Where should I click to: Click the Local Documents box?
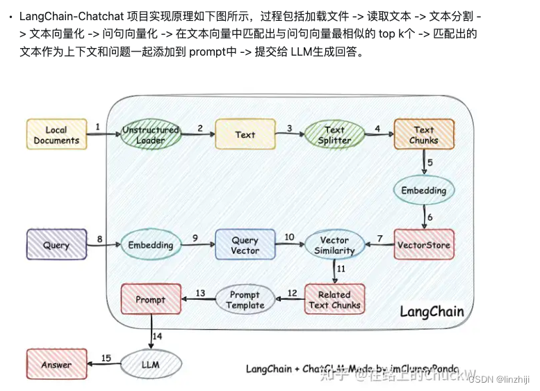(56, 135)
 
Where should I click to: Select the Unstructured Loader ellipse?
(150, 135)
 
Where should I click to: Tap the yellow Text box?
(245, 135)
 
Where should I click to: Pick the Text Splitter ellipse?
(334, 135)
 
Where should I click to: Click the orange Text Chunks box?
(423, 135)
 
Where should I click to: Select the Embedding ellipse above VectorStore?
(423, 189)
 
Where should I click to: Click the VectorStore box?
(423, 245)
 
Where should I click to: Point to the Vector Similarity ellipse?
(334, 245)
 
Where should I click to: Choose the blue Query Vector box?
(245, 245)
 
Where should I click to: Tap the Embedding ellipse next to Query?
(150, 245)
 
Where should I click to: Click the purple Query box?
(56, 245)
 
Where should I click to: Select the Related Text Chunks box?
(334, 299)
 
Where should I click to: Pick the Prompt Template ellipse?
(245, 299)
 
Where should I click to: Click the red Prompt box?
(151, 299)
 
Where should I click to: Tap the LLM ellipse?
(151, 364)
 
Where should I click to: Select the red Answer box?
(56, 364)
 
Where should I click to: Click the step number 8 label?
(99, 239)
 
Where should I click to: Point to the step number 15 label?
(106, 358)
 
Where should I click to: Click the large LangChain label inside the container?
(431, 312)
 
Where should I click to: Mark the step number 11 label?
(341, 268)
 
